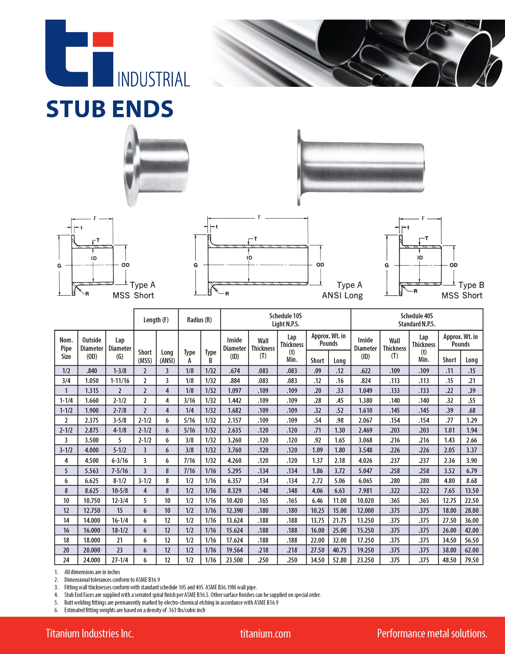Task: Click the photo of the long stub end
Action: (361, 167)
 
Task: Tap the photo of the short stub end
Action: (156, 166)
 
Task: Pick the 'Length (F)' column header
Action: (156, 320)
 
